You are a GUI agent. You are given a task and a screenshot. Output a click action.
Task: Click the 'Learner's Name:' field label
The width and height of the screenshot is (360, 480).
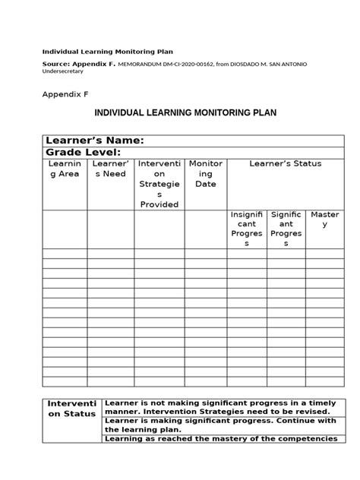pyautogui.click(x=95, y=140)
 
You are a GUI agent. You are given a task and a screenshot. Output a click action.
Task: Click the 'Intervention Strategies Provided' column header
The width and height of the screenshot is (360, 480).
pyautogui.click(x=159, y=184)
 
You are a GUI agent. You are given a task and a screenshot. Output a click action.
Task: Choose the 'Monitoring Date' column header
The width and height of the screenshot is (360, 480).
pyautogui.click(x=205, y=174)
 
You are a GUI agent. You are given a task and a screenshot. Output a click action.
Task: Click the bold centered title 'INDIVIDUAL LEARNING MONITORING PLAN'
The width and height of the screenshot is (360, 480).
pyautogui.click(x=185, y=112)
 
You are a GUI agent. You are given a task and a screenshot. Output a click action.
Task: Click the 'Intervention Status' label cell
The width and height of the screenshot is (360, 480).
pyautogui.click(x=71, y=408)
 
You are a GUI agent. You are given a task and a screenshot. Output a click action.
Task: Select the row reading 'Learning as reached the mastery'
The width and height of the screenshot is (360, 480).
pyautogui.click(x=220, y=439)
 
